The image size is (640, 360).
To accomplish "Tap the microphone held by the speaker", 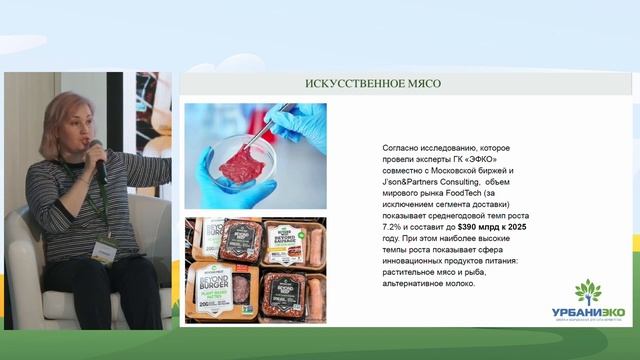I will [x=98, y=161].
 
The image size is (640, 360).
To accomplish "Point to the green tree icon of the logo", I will [x=588, y=293].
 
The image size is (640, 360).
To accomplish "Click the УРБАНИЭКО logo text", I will [x=588, y=313].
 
